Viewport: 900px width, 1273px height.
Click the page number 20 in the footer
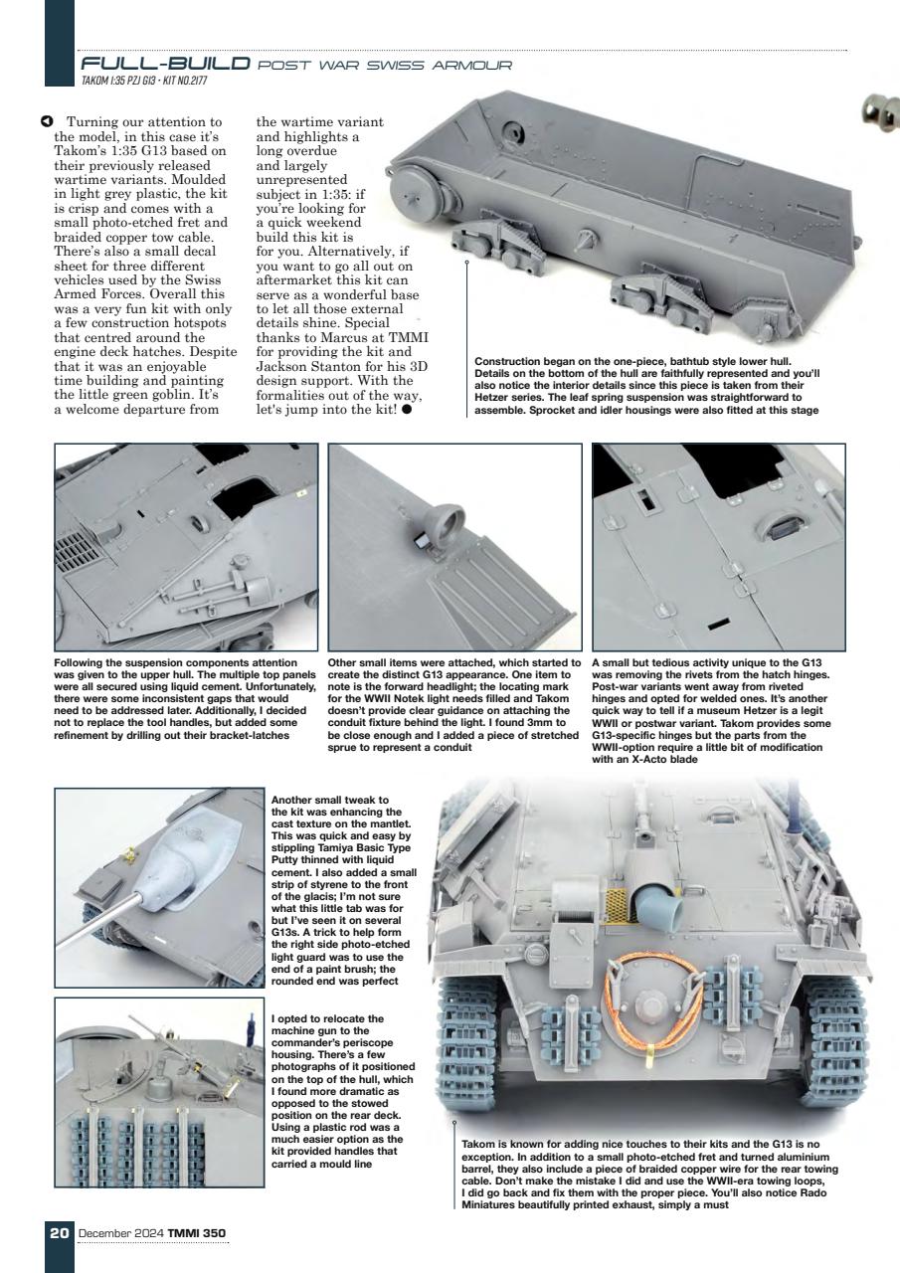pyautogui.click(x=59, y=1233)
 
